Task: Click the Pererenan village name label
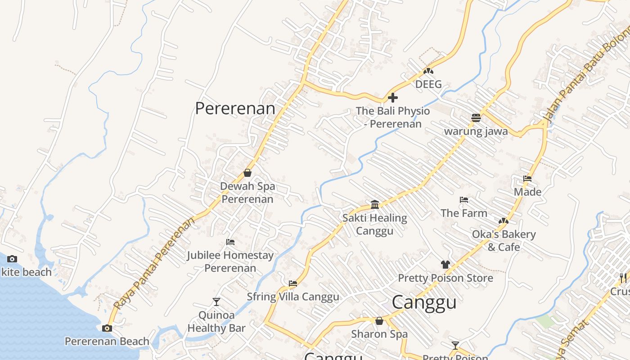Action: pos(235,108)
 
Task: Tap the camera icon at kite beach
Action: pos(12,259)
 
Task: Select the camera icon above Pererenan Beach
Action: pos(107,328)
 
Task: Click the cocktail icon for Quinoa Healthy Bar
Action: pos(216,301)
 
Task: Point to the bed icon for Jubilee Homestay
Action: pos(230,242)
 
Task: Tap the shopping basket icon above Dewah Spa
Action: pos(247,173)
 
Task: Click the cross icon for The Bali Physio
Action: pos(393,97)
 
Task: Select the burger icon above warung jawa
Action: pos(476,118)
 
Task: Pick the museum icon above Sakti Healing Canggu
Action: pos(375,205)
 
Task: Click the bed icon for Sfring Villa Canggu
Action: pos(293,283)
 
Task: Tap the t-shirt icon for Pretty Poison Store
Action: pos(445,265)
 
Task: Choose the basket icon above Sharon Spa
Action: pos(379,321)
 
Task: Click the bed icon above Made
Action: pos(527,179)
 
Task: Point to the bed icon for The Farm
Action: pos(464,200)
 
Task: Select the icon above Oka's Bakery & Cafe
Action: pos(503,221)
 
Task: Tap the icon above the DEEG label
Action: pos(428,71)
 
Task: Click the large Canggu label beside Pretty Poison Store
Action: pos(424,302)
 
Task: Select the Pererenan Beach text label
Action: pos(107,342)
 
